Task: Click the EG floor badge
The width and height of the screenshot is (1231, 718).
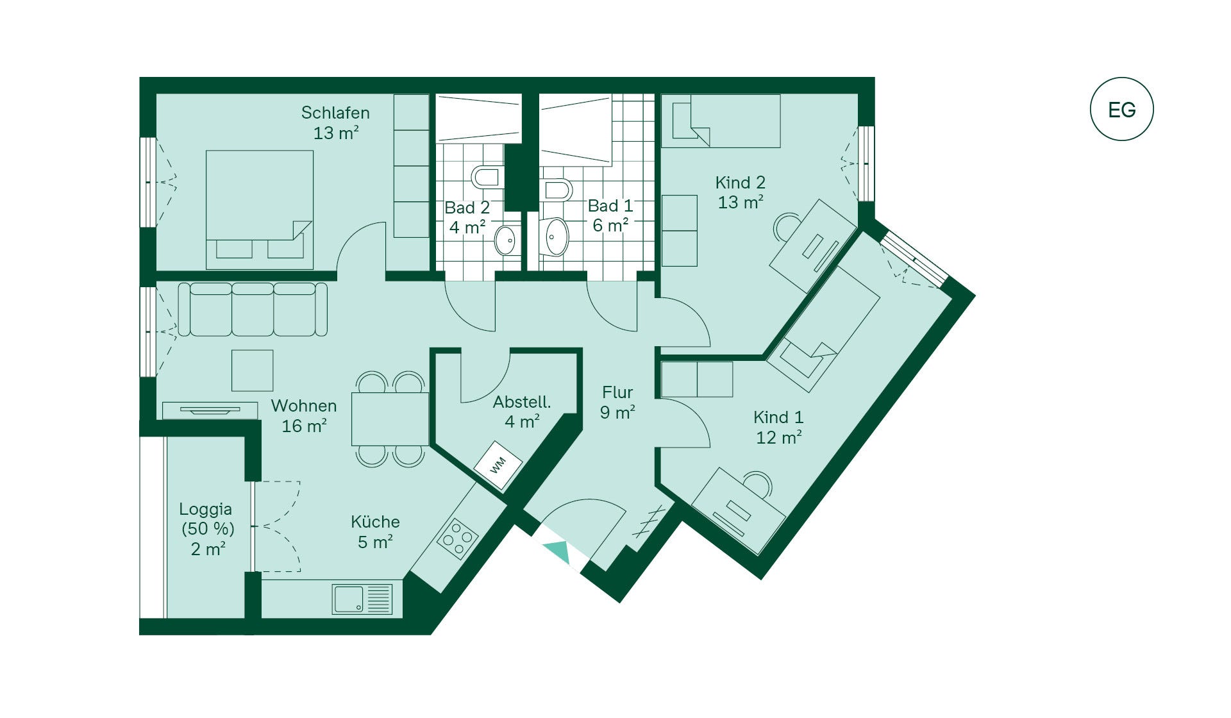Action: (1121, 109)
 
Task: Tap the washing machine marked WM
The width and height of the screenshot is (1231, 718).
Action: (498, 465)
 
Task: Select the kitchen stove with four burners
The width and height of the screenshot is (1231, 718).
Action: (458, 538)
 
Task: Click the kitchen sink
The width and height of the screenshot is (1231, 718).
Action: (362, 599)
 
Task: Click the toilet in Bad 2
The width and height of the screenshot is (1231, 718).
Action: (487, 176)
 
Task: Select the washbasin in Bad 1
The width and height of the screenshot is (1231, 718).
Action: (555, 237)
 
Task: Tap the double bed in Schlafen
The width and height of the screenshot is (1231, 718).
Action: (260, 210)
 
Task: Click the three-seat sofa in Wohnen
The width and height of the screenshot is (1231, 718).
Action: (253, 309)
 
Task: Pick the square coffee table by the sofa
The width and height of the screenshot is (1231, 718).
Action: (253, 371)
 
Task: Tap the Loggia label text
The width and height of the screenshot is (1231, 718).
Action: (205, 509)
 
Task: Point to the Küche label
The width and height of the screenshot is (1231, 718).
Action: (375, 521)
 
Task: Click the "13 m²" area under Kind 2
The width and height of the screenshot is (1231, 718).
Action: (741, 202)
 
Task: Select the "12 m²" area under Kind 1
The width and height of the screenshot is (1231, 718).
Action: (779, 437)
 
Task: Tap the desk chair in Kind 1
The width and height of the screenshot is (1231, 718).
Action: (758, 484)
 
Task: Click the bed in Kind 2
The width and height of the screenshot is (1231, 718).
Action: (721, 121)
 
